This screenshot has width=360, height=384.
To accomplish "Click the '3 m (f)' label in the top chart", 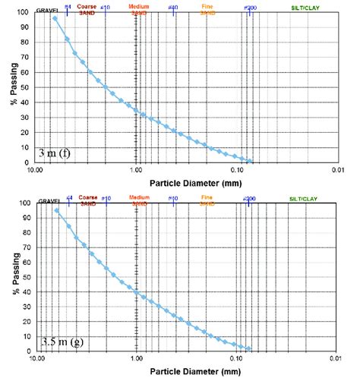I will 55,153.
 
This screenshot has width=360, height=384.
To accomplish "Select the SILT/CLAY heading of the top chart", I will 304,7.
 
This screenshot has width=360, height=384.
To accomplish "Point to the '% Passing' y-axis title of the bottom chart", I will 14,278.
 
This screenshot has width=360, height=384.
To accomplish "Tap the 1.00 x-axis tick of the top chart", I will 136,171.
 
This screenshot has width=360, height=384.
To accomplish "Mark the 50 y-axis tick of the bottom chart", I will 26,278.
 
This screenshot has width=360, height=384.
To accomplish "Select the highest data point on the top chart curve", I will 55,18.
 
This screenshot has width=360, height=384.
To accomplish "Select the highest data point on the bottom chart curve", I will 56,210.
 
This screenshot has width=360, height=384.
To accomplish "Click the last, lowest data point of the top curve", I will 251,160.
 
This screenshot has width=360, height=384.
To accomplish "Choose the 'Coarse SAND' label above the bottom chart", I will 88,200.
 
